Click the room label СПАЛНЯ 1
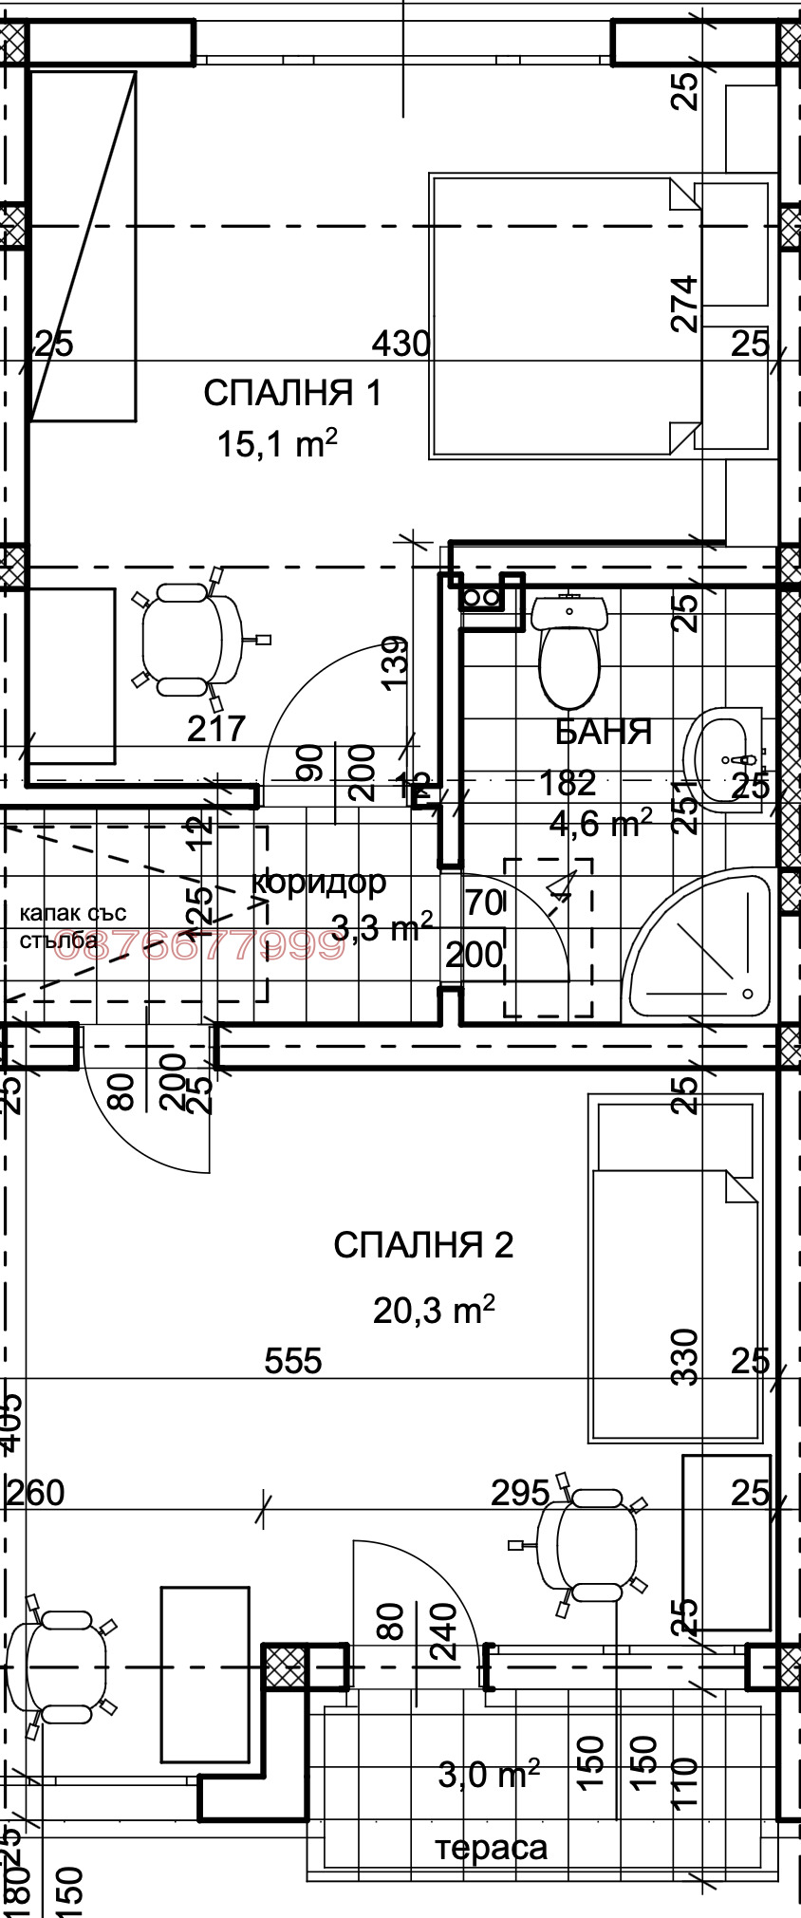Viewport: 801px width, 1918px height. (292, 393)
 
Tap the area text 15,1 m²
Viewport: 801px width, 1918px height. (277, 443)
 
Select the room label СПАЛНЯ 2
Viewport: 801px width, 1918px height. (423, 1245)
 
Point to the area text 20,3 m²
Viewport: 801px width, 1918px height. (434, 1311)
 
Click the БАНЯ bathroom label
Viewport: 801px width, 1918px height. (604, 732)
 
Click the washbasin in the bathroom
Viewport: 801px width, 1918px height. (726, 759)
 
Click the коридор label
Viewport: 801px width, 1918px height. (320, 882)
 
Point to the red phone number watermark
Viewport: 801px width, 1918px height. (199, 945)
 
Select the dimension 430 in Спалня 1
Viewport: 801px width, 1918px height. (400, 344)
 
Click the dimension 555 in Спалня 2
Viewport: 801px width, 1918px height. (293, 1361)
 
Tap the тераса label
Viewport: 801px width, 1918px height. (492, 1847)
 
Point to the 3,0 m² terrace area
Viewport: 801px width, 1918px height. (488, 1774)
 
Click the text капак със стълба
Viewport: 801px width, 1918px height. (72, 927)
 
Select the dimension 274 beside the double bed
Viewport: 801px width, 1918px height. (684, 303)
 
